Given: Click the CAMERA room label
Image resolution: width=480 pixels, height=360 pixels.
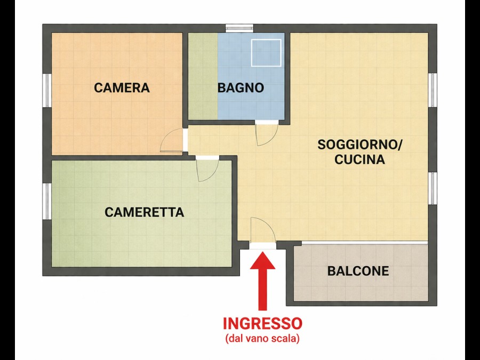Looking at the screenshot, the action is click(x=122, y=88).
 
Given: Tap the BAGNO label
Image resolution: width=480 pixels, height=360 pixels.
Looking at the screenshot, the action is click(x=241, y=88).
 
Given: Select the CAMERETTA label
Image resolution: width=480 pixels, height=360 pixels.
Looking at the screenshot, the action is click(x=144, y=212).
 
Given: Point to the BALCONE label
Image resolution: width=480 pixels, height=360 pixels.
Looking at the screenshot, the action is click(x=358, y=271).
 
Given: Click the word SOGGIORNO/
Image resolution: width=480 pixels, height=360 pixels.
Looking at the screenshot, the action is click(x=360, y=145).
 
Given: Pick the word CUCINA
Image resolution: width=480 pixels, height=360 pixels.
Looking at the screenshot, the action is click(x=359, y=159).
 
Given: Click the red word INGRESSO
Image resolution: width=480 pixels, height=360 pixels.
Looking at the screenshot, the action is click(x=262, y=324).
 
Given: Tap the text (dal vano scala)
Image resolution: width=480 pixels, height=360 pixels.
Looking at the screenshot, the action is click(x=262, y=339).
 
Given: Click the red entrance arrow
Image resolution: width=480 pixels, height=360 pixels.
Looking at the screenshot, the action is click(x=262, y=282).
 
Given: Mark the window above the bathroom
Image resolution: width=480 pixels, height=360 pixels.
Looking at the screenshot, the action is click(x=239, y=28).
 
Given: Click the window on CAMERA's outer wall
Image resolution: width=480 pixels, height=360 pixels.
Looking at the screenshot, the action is click(x=47, y=90).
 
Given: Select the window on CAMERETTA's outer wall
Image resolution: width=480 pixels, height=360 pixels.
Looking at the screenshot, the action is click(x=47, y=201).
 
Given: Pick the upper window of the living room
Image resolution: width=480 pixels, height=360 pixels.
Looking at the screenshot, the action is click(x=433, y=90).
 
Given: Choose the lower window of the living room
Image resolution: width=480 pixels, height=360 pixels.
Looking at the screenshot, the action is click(x=433, y=189).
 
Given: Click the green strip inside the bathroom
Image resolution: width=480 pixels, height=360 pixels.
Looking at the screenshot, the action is click(x=203, y=76).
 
